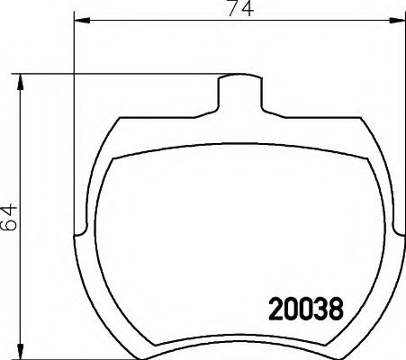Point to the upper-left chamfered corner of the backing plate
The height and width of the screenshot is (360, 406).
tap(110, 126)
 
